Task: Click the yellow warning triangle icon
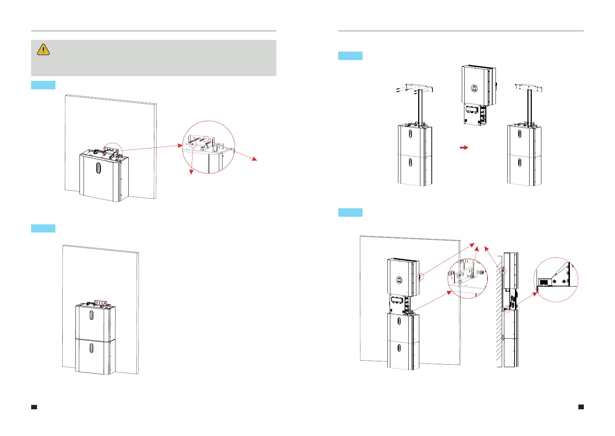point(43,49)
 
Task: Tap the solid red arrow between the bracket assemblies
point(464,148)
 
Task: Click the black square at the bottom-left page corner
point(34,407)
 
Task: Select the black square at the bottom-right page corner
point(581,407)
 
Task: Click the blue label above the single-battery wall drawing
point(43,85)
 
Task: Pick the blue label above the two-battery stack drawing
point(43,228)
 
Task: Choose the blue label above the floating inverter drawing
point(350,56)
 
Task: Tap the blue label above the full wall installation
point(350,212)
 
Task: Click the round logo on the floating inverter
point(474,89)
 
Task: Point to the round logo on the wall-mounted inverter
point(399,280)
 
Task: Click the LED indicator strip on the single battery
point(98,168)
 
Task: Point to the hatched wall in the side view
point(499,311)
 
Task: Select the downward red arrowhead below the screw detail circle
point(191,172)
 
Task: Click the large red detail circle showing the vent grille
point(556,279)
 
